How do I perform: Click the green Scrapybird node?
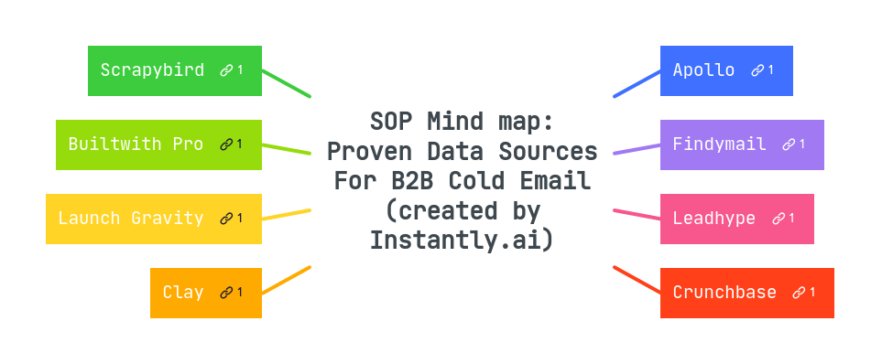152,70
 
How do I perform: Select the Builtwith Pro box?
136,145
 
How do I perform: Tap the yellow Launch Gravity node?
131,219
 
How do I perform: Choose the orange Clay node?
183,293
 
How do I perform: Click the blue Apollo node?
703,70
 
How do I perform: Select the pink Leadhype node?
713,219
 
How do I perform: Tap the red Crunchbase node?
724,293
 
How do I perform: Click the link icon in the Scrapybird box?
226,70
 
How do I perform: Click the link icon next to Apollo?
757,70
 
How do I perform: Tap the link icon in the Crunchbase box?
800,293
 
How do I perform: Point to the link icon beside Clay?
226,293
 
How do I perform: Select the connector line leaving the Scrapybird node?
287,83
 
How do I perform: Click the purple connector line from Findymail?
637,148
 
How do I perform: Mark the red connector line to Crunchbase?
637,280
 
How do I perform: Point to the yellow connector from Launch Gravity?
287,214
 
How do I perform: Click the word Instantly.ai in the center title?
462,241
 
